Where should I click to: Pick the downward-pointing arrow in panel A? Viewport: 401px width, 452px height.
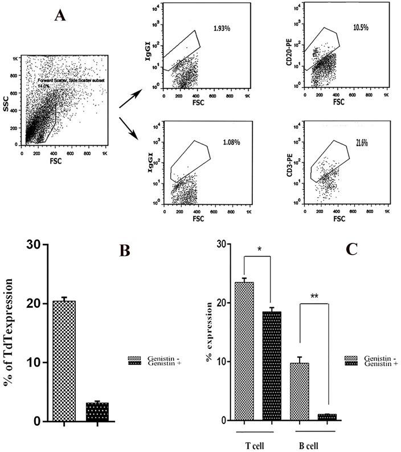[129, 127]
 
